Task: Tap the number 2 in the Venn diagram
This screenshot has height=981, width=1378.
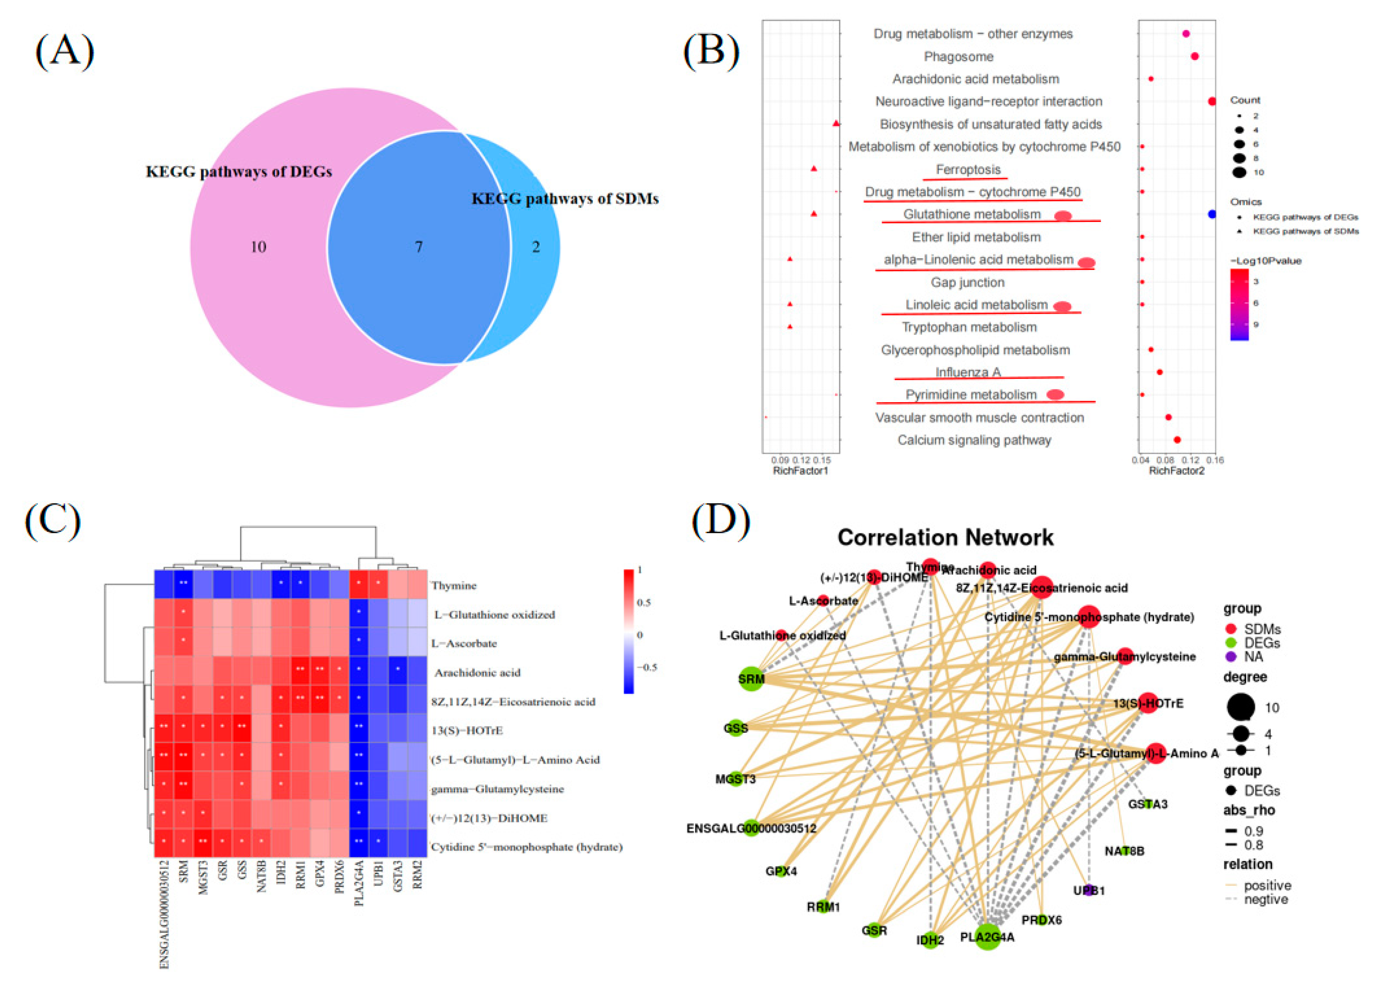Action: (x=535, y=246)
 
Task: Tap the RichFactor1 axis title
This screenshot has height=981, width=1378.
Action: (x=800, y=471)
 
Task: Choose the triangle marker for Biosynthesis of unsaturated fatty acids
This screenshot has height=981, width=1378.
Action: (x=836, y=124)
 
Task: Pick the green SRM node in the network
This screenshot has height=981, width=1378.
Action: (x=751, y=679)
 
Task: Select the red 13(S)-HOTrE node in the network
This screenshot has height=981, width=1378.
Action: (x=1147, y=703)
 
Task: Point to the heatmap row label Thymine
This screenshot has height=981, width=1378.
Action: (x=454, y=585)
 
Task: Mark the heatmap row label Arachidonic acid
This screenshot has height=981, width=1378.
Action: (x=477, y=672)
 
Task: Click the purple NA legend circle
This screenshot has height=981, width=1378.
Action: (x=1231, y=657)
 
